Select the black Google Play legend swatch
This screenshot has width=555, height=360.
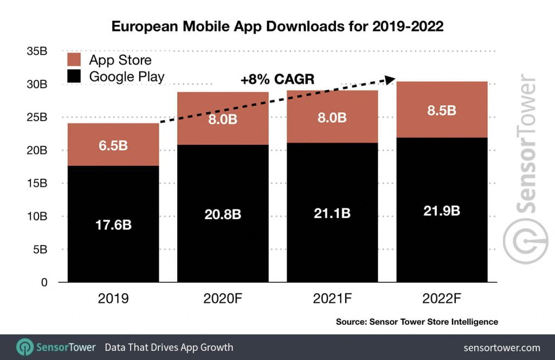pos(74,76)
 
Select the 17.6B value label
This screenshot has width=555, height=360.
pos(114,224)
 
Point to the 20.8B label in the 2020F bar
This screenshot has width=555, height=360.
pos(223,215)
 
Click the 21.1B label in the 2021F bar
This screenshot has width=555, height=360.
pos(332,213)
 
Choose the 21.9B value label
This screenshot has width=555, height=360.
pos(442,211)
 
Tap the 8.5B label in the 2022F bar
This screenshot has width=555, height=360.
pos(442,111)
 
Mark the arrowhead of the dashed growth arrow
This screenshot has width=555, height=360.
pos(389,79)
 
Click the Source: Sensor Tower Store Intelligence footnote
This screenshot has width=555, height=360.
pos(416,322)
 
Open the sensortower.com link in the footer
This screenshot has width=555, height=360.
pos(502,348)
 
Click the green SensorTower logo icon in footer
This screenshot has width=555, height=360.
pos(25,347)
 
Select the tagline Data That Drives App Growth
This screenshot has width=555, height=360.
pos(169,348)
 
